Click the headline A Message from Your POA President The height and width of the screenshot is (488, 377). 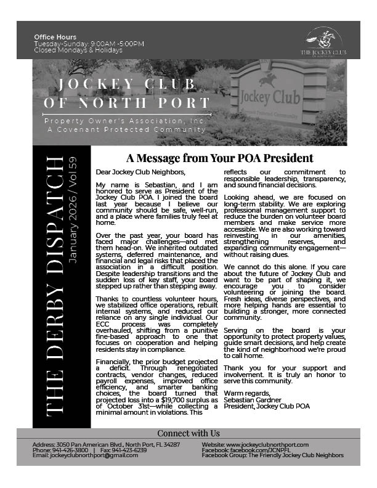coord(219,158)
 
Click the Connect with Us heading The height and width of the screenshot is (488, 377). coord(188,433)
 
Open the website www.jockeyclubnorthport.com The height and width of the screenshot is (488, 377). coord(271,445)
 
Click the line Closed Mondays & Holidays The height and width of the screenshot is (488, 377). coord(78,49)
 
